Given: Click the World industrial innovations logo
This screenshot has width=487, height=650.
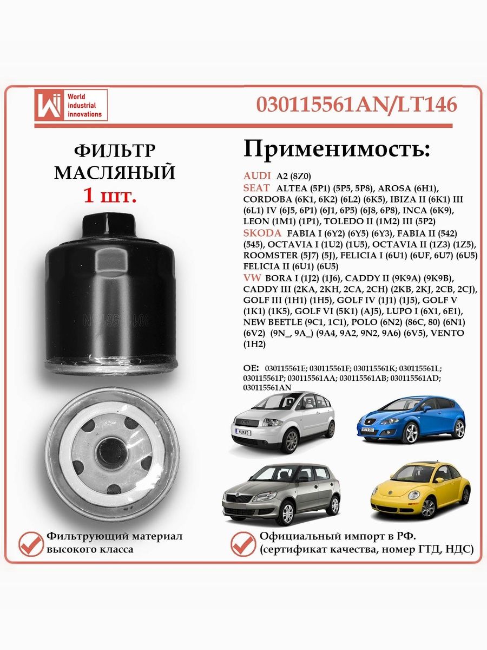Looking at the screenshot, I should (70, 105).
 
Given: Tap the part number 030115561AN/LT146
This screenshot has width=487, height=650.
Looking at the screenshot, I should (356, 104).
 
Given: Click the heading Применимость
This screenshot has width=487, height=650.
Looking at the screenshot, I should (337, 147).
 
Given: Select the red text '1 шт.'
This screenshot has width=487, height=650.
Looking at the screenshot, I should (109, 195).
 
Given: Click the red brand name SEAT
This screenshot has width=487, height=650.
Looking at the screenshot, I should (256, 187).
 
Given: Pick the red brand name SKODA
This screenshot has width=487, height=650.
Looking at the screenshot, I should (262, 233).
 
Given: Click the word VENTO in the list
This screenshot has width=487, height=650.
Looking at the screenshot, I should (447, 333).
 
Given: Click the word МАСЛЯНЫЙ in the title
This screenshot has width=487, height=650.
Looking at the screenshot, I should (115, 173).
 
